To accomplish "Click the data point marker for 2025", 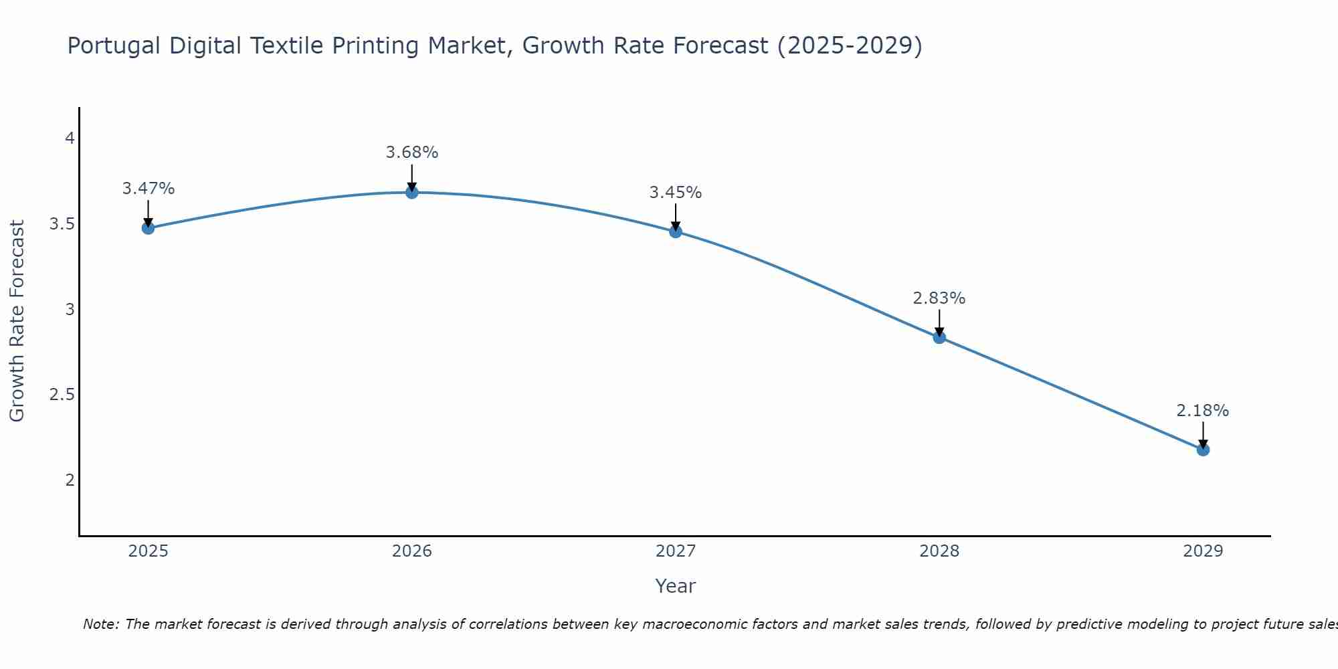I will point(148,228).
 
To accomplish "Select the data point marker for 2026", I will point(412,193).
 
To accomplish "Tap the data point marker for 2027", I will point(676,232).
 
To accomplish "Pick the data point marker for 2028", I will point(939,338).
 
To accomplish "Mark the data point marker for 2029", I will point(1203,450).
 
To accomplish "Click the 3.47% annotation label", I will point(148,189).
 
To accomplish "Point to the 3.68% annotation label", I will point(412,153).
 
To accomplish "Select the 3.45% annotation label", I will point(676,193).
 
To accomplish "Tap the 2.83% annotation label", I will point(939,298).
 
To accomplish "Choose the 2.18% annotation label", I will point(1203,411).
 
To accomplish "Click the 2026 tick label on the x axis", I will point(412,551).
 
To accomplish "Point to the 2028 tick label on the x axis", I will point(939,551).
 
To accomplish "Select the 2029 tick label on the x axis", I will point(1203,551).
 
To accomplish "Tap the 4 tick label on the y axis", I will point(70,138).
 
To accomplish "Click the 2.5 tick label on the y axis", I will point(62,395).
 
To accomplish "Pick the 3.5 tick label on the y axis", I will point(62,224).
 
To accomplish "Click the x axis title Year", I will point(676,586).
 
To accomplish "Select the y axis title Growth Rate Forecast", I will point(17,321).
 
